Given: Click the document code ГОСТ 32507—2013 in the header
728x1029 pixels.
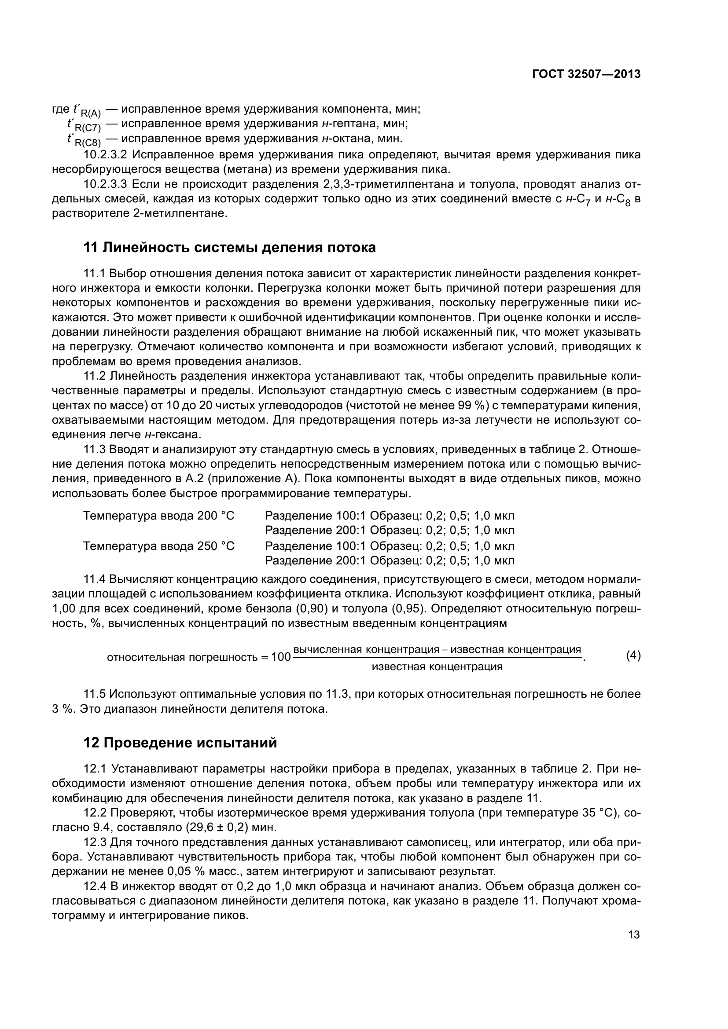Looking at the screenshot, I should point(586,74).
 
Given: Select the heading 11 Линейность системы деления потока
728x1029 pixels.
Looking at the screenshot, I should point(229,247).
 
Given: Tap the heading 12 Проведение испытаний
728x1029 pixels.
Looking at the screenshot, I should point(180,743).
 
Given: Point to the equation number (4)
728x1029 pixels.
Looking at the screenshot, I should point(633,655).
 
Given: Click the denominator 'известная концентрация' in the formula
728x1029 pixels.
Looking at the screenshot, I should point(437,666).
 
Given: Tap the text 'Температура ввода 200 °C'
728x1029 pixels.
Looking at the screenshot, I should point(159,516).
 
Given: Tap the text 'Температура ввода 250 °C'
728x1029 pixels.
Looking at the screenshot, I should point(159,546).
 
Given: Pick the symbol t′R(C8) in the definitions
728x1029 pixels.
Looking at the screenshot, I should point(84,140).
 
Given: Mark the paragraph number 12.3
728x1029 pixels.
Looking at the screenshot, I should point(95,842).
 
